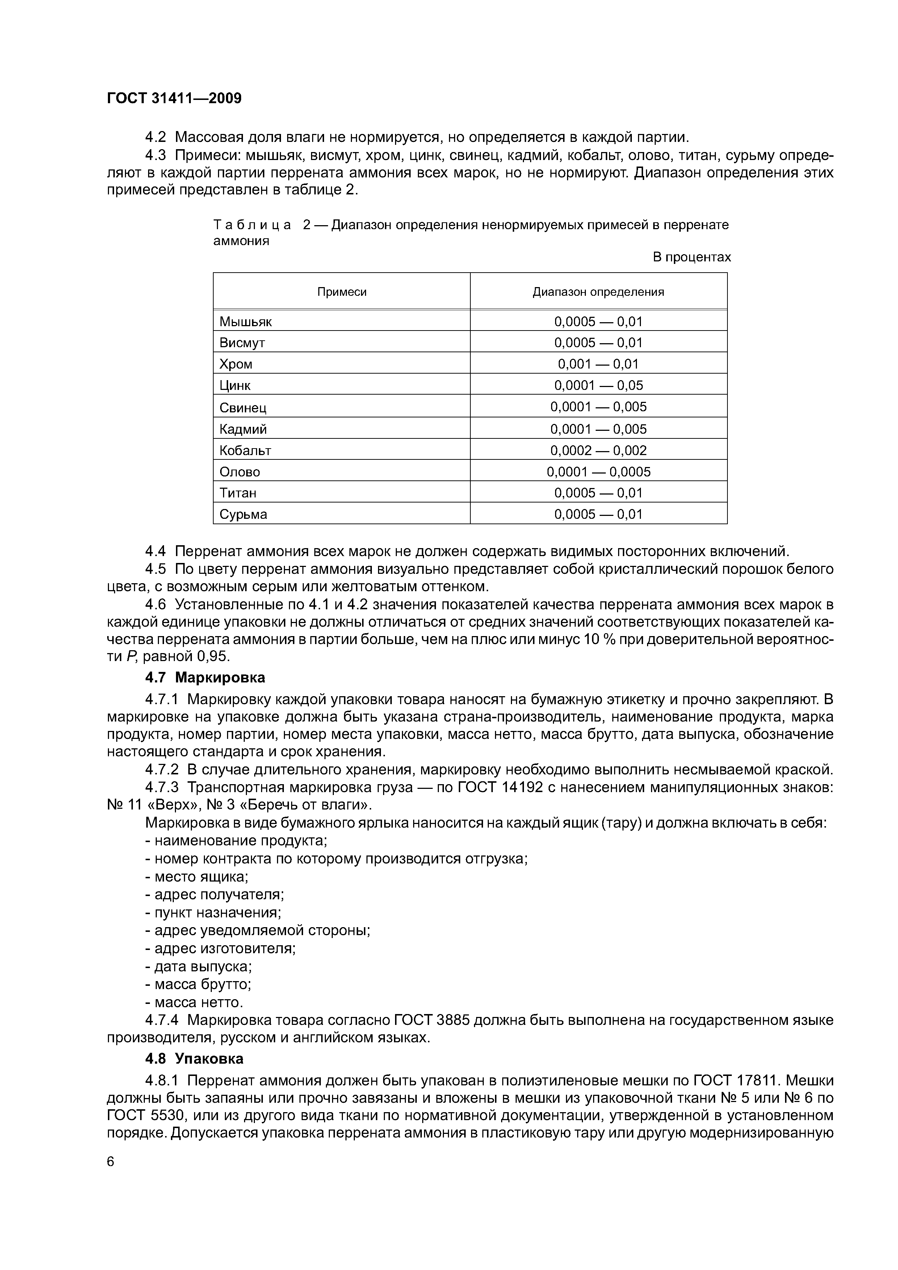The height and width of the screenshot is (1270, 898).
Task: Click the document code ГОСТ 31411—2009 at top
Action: (174, 98)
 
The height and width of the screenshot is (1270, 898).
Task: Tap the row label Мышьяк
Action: (246, 322)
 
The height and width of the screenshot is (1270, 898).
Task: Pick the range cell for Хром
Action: (598, 364)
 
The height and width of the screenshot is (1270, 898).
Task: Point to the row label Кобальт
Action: (245, 451)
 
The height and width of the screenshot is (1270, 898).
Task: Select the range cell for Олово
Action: (598, 472)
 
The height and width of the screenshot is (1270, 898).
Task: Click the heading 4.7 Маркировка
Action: (205, 678)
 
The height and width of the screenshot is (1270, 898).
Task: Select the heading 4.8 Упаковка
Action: (194, 1059)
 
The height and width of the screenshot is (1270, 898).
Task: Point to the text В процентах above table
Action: (692, 257)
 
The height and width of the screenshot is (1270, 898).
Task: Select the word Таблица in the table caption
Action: (252, 225)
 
